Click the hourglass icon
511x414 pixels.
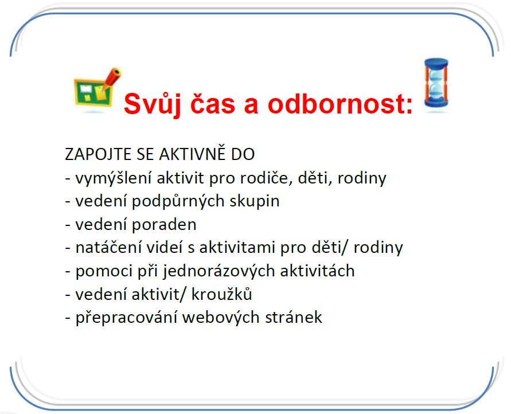pyautogui.click(x=436, y=84)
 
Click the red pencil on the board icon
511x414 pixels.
pyautogui.click(x=111, y=78)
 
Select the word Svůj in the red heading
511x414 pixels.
pyautogui.click(x=153, y=104)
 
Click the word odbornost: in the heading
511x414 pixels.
pyautogui.click(x=340, y=103)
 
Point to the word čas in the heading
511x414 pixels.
pyautogui.click(x=212, y=103)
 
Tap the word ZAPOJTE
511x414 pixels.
pyautogui.click(x=97, y=154)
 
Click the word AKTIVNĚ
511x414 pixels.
pyautogui.click(x=193, y=154)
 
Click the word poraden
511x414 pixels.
pyautogui.click(x=164, y=224)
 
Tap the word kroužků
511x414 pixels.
pyautogui.click(x=221, y=294)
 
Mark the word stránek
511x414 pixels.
pyautogui.click(x=293, y=318)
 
